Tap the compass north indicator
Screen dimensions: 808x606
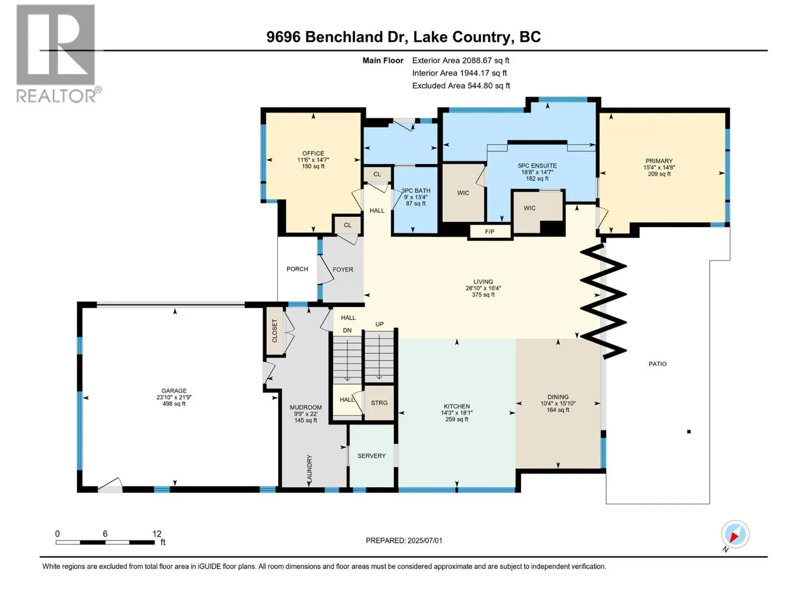(735, 534)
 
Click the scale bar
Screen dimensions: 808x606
(105, 542)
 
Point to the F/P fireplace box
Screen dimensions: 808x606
(489, 232)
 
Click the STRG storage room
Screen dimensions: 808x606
(379, 403)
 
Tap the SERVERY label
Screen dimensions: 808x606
(371, 456)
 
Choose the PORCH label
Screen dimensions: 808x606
(297, 269)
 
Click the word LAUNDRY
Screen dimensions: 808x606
(309, 469)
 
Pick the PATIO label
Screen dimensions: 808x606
(658, 364)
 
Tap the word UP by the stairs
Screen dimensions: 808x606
(380, 324)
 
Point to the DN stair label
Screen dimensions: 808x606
(347, 330)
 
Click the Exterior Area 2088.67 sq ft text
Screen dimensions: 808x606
(461, 60)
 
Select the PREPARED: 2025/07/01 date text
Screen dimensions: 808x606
(404, 540)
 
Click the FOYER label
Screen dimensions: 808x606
(343, 269)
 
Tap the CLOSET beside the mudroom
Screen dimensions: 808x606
(275, 331)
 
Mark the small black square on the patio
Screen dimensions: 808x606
(689, 432)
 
